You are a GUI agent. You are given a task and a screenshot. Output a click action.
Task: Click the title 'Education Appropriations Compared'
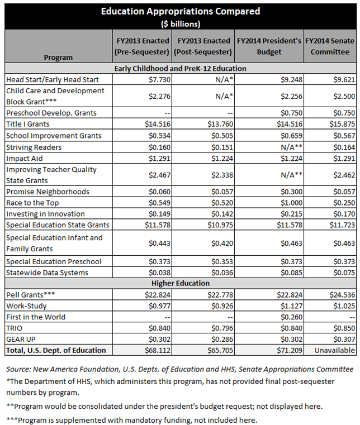coord(180,11)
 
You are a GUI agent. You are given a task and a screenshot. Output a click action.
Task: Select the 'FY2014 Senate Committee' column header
coord(330,46)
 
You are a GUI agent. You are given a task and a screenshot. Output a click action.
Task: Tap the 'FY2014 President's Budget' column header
coord(269,46)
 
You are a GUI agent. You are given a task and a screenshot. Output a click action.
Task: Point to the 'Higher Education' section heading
coord(180,283)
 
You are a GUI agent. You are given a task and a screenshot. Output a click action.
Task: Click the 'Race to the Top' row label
coord(32,203)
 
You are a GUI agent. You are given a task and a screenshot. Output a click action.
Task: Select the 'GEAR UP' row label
coord(22,339)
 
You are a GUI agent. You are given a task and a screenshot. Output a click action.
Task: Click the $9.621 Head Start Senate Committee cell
coord(343,79)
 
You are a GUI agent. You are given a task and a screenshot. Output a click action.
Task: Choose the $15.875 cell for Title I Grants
coord(341,124)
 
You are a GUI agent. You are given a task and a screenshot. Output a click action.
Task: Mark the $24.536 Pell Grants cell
coord(341,294)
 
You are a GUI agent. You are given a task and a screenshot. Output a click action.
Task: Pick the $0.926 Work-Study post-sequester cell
coord(219,305)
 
